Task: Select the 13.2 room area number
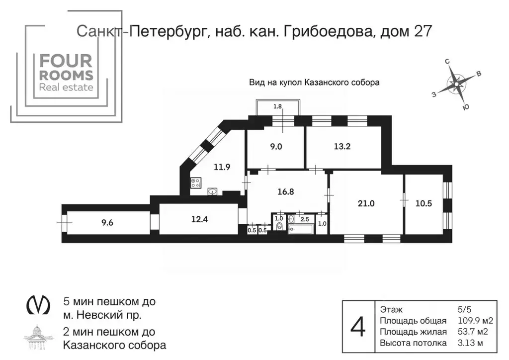[342, 146]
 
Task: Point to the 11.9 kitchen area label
[221, 167]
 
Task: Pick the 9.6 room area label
[107, 223]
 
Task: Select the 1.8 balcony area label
[278, 106]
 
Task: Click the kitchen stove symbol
[195, 183]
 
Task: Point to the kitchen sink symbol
[213, 190]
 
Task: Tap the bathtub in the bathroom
[301, 229]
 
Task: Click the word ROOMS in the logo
[66, 75]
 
